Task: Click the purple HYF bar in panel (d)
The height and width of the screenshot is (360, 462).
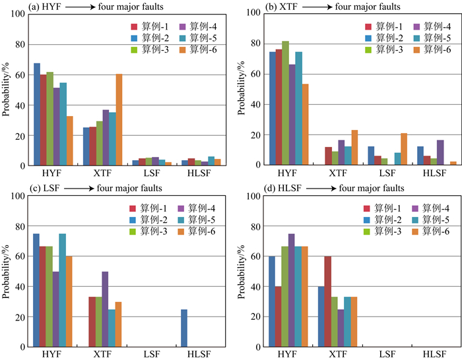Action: pos(292,290)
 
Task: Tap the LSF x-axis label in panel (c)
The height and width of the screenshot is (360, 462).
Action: pos(153,355)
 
